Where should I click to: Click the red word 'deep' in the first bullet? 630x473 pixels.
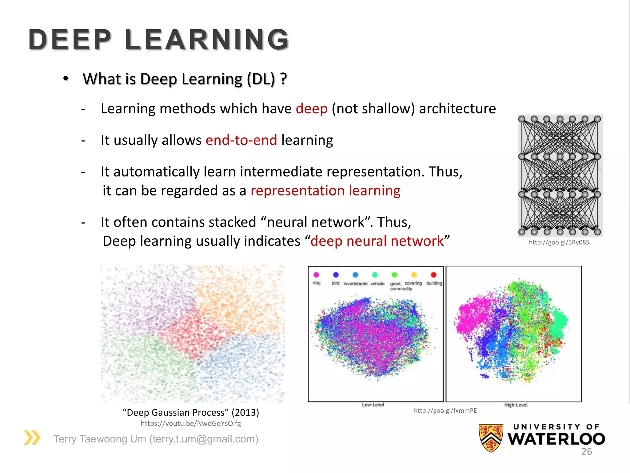pos(312,109)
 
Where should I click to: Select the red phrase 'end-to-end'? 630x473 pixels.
pos(241,140)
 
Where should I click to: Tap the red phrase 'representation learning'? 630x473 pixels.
pos(325,191)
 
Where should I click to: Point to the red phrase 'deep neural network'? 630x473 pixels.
pos(377,241)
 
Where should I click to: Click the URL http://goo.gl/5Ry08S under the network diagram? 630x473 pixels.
pos(559,242)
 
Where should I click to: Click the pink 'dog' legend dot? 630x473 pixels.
pos(316,275)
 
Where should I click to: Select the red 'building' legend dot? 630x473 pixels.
pos(433,275)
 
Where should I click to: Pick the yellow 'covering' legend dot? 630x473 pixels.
pos(414,275)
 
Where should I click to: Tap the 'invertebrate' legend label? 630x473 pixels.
pos(355,284)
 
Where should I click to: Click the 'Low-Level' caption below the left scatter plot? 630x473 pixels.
pos(373,405)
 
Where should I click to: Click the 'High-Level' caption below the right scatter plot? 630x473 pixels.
pos(516,405)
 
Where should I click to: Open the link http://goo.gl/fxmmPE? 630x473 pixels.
pos(445,410)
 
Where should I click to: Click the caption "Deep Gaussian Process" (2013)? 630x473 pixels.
pos(191,412)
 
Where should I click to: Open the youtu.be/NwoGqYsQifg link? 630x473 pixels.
pos(191,423)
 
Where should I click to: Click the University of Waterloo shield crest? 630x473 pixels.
pos(491,438)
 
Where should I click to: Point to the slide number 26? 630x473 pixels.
pos(586,451)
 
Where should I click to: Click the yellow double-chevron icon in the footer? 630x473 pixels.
pos(32,438)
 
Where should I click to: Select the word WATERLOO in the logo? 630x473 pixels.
pos(556,439)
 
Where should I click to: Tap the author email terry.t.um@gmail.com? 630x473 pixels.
pos(204,439)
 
